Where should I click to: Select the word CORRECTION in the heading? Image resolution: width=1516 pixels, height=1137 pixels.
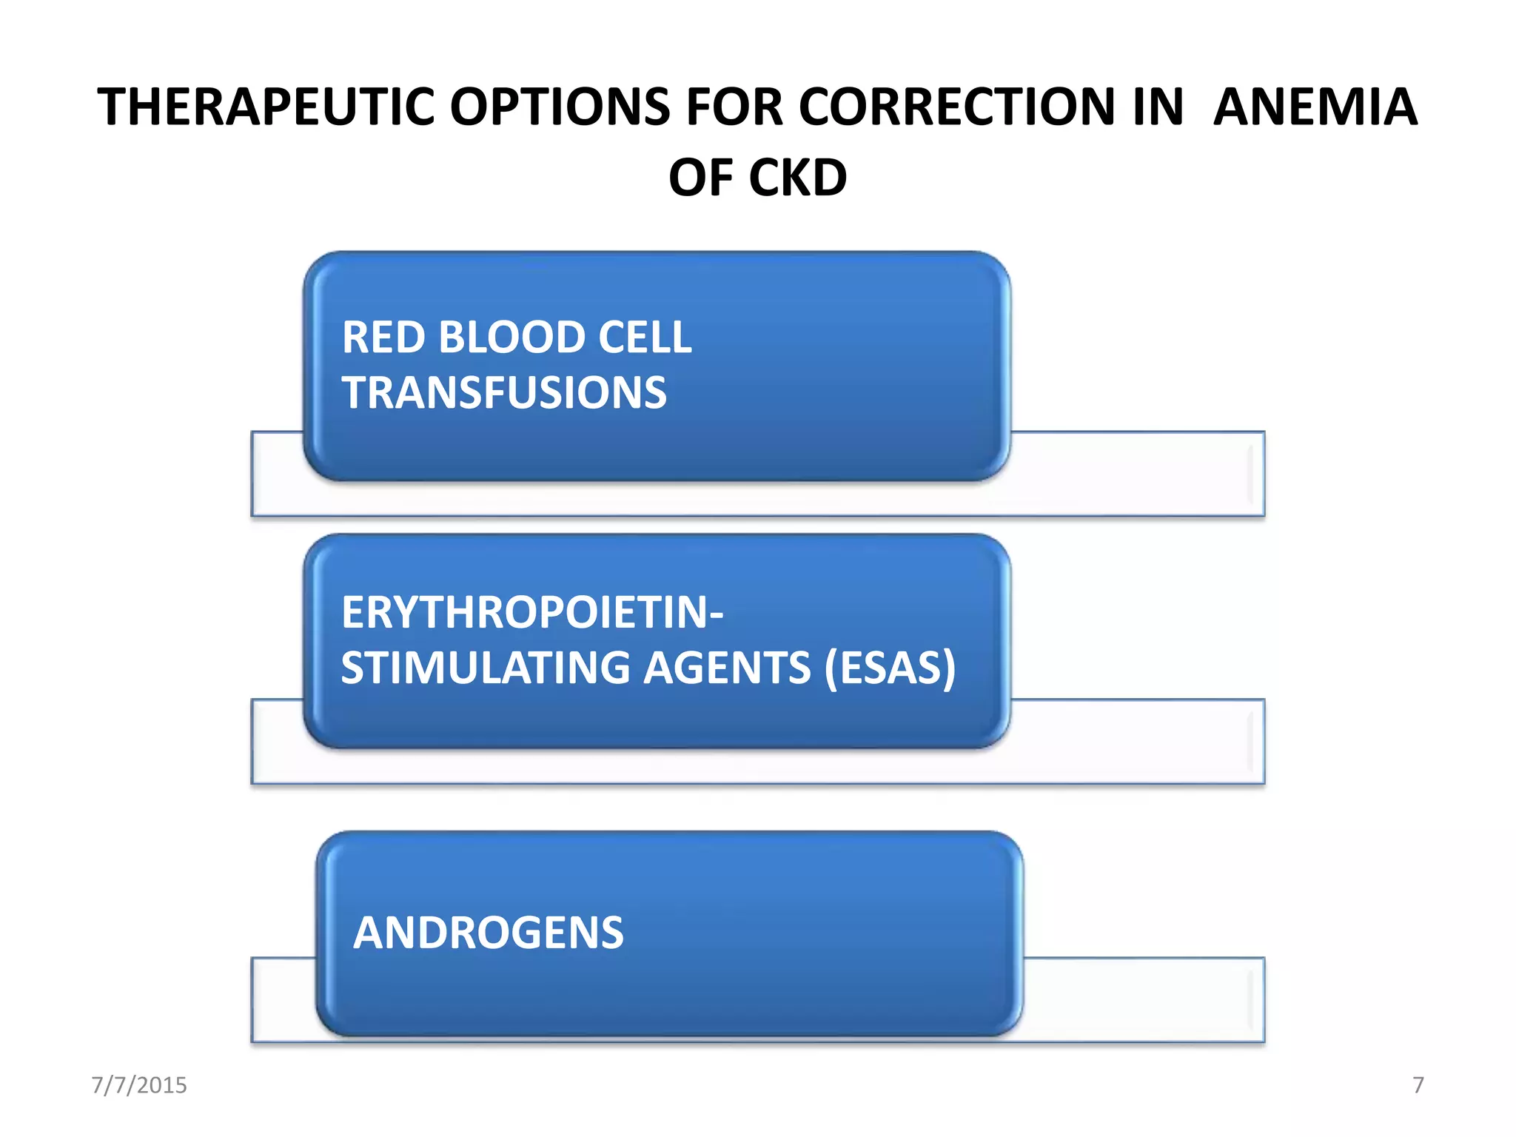(956, 107)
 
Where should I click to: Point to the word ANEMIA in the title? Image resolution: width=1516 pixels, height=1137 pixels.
(1315, 107)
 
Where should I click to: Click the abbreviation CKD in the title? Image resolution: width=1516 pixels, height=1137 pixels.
(798, 178)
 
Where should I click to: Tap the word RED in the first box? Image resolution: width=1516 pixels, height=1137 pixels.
(384, 338)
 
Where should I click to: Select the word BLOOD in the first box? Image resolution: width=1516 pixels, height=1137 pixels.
(512, 338)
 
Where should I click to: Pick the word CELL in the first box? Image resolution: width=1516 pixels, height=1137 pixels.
(644, 338)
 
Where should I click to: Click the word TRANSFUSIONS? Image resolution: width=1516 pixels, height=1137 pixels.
(504, 392)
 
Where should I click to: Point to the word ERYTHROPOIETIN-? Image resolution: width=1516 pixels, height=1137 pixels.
(532, 613)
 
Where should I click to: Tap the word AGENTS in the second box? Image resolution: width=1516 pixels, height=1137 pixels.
(727, 668)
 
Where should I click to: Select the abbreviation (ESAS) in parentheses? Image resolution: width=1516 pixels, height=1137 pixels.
(891, 668)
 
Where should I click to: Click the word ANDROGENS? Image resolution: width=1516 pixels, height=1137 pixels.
(489, 933)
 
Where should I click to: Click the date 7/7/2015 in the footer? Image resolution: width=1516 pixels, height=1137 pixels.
(139, 1085)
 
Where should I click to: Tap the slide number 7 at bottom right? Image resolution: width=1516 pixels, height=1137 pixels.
(1418, 1085)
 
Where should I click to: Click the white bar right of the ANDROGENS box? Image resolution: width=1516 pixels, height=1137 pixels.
(1144, 999)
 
